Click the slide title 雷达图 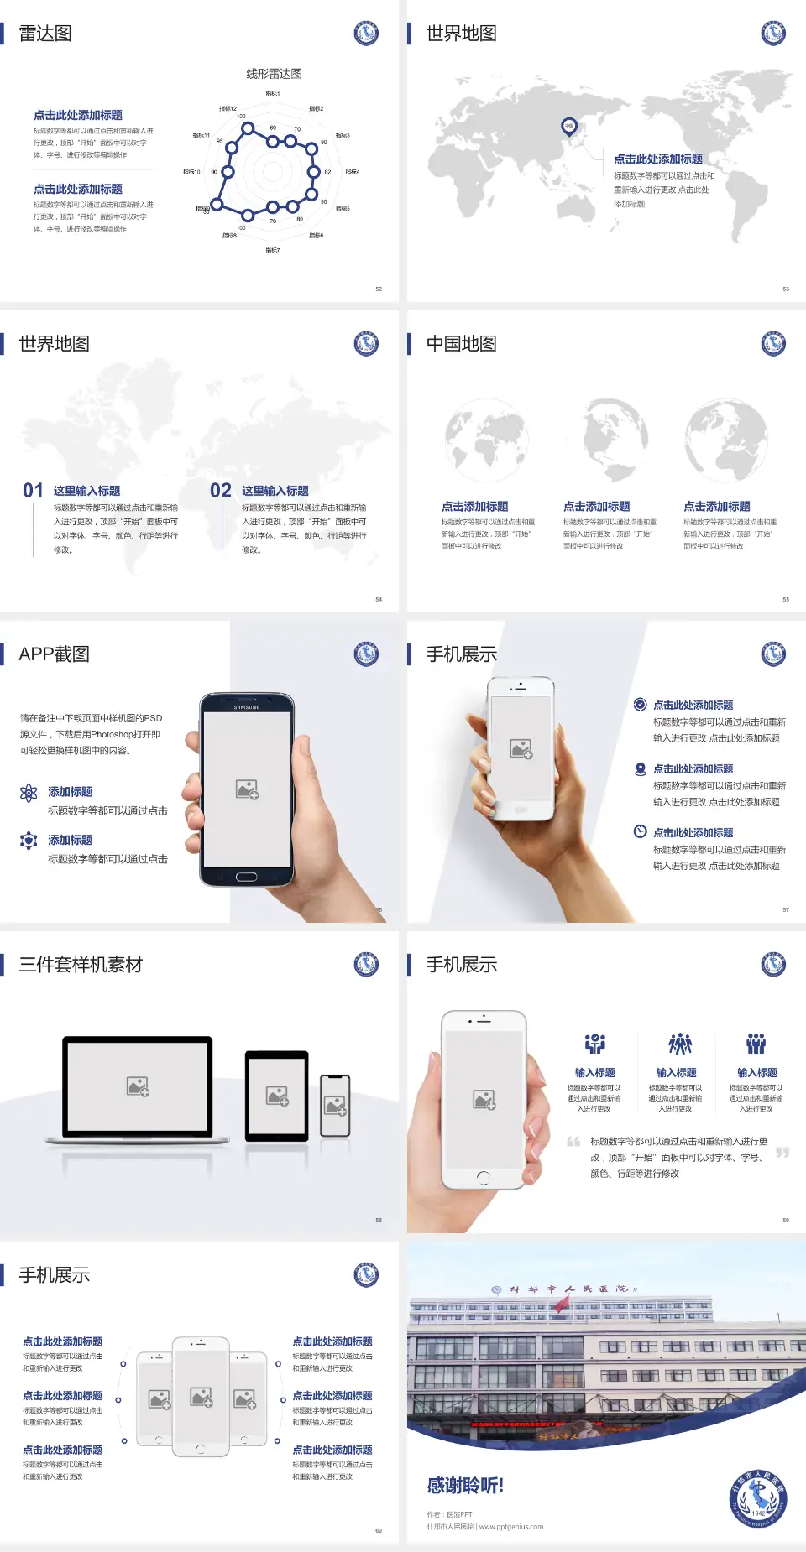(45, 34)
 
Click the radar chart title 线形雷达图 (274, 74)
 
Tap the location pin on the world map (569, 127)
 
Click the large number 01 (33, 491)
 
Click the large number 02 (221, 491)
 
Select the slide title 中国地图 (461, 344)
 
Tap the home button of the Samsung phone (246, 877)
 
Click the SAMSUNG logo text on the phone (247, 707)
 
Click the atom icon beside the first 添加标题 (29, 793)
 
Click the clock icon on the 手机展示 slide (640, 831)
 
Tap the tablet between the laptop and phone (277, 1095)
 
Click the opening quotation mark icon (573, 1142)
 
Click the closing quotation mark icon (782, 1153)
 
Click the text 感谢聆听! (465, 1486)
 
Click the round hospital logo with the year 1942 (757, 1499)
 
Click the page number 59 (786, 1221)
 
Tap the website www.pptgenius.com (511, 1527)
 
